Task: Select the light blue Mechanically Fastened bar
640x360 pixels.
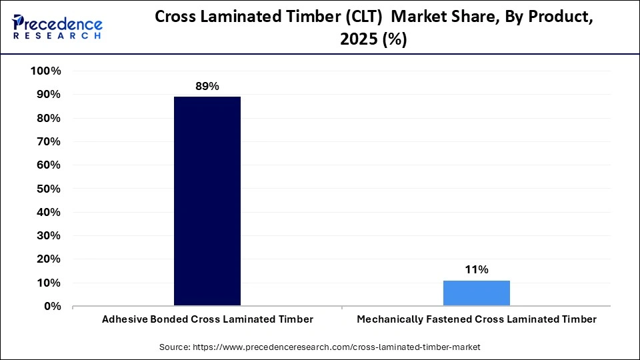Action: pos(477,293)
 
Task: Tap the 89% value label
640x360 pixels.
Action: pos(207,87)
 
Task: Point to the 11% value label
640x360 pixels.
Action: pos(477,270)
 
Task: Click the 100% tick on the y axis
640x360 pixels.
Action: pos(46,71)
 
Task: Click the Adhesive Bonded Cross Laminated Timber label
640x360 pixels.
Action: pos(207,320)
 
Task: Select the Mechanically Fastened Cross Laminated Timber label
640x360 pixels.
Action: pos(477,320)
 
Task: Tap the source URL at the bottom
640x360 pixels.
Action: pos(337,347)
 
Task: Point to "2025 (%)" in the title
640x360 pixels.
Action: pos(373,40)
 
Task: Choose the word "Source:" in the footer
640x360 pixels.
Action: pos(175,347)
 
